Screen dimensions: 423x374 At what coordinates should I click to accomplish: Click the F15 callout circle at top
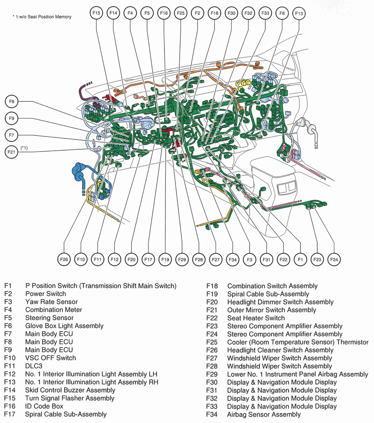tap(96, 13)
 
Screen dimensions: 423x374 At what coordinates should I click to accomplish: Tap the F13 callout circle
tap(299, 13)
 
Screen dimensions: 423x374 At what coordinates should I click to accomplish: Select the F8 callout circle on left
tap(12, 101)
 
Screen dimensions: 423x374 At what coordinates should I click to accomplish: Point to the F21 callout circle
tap(12, 152)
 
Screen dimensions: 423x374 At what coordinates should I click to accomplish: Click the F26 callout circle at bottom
tap(64, 260)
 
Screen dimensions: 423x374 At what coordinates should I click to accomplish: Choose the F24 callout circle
tap(334, 260)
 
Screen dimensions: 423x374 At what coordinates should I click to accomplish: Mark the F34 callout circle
tap(233, 260)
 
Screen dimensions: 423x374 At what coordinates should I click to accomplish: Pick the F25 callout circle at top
tap(181, 13)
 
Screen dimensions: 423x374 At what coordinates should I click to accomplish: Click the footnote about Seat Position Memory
tap(42, 17)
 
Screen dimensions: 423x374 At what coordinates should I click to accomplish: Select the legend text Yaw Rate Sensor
tap(52, 302)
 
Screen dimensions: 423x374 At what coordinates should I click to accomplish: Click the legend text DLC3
tap(34, 366)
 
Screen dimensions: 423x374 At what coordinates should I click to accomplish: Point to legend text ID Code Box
tap(44, 406)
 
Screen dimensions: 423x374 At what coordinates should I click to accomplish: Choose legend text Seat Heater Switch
tap(256, 318)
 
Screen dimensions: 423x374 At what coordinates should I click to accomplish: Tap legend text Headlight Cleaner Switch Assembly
tap(280, 350)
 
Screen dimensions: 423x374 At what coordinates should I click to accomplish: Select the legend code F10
tap(11, 358)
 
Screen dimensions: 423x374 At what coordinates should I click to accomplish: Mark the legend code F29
tap(212, 374)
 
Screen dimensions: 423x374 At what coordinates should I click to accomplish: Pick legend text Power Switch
tap(46, 294)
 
